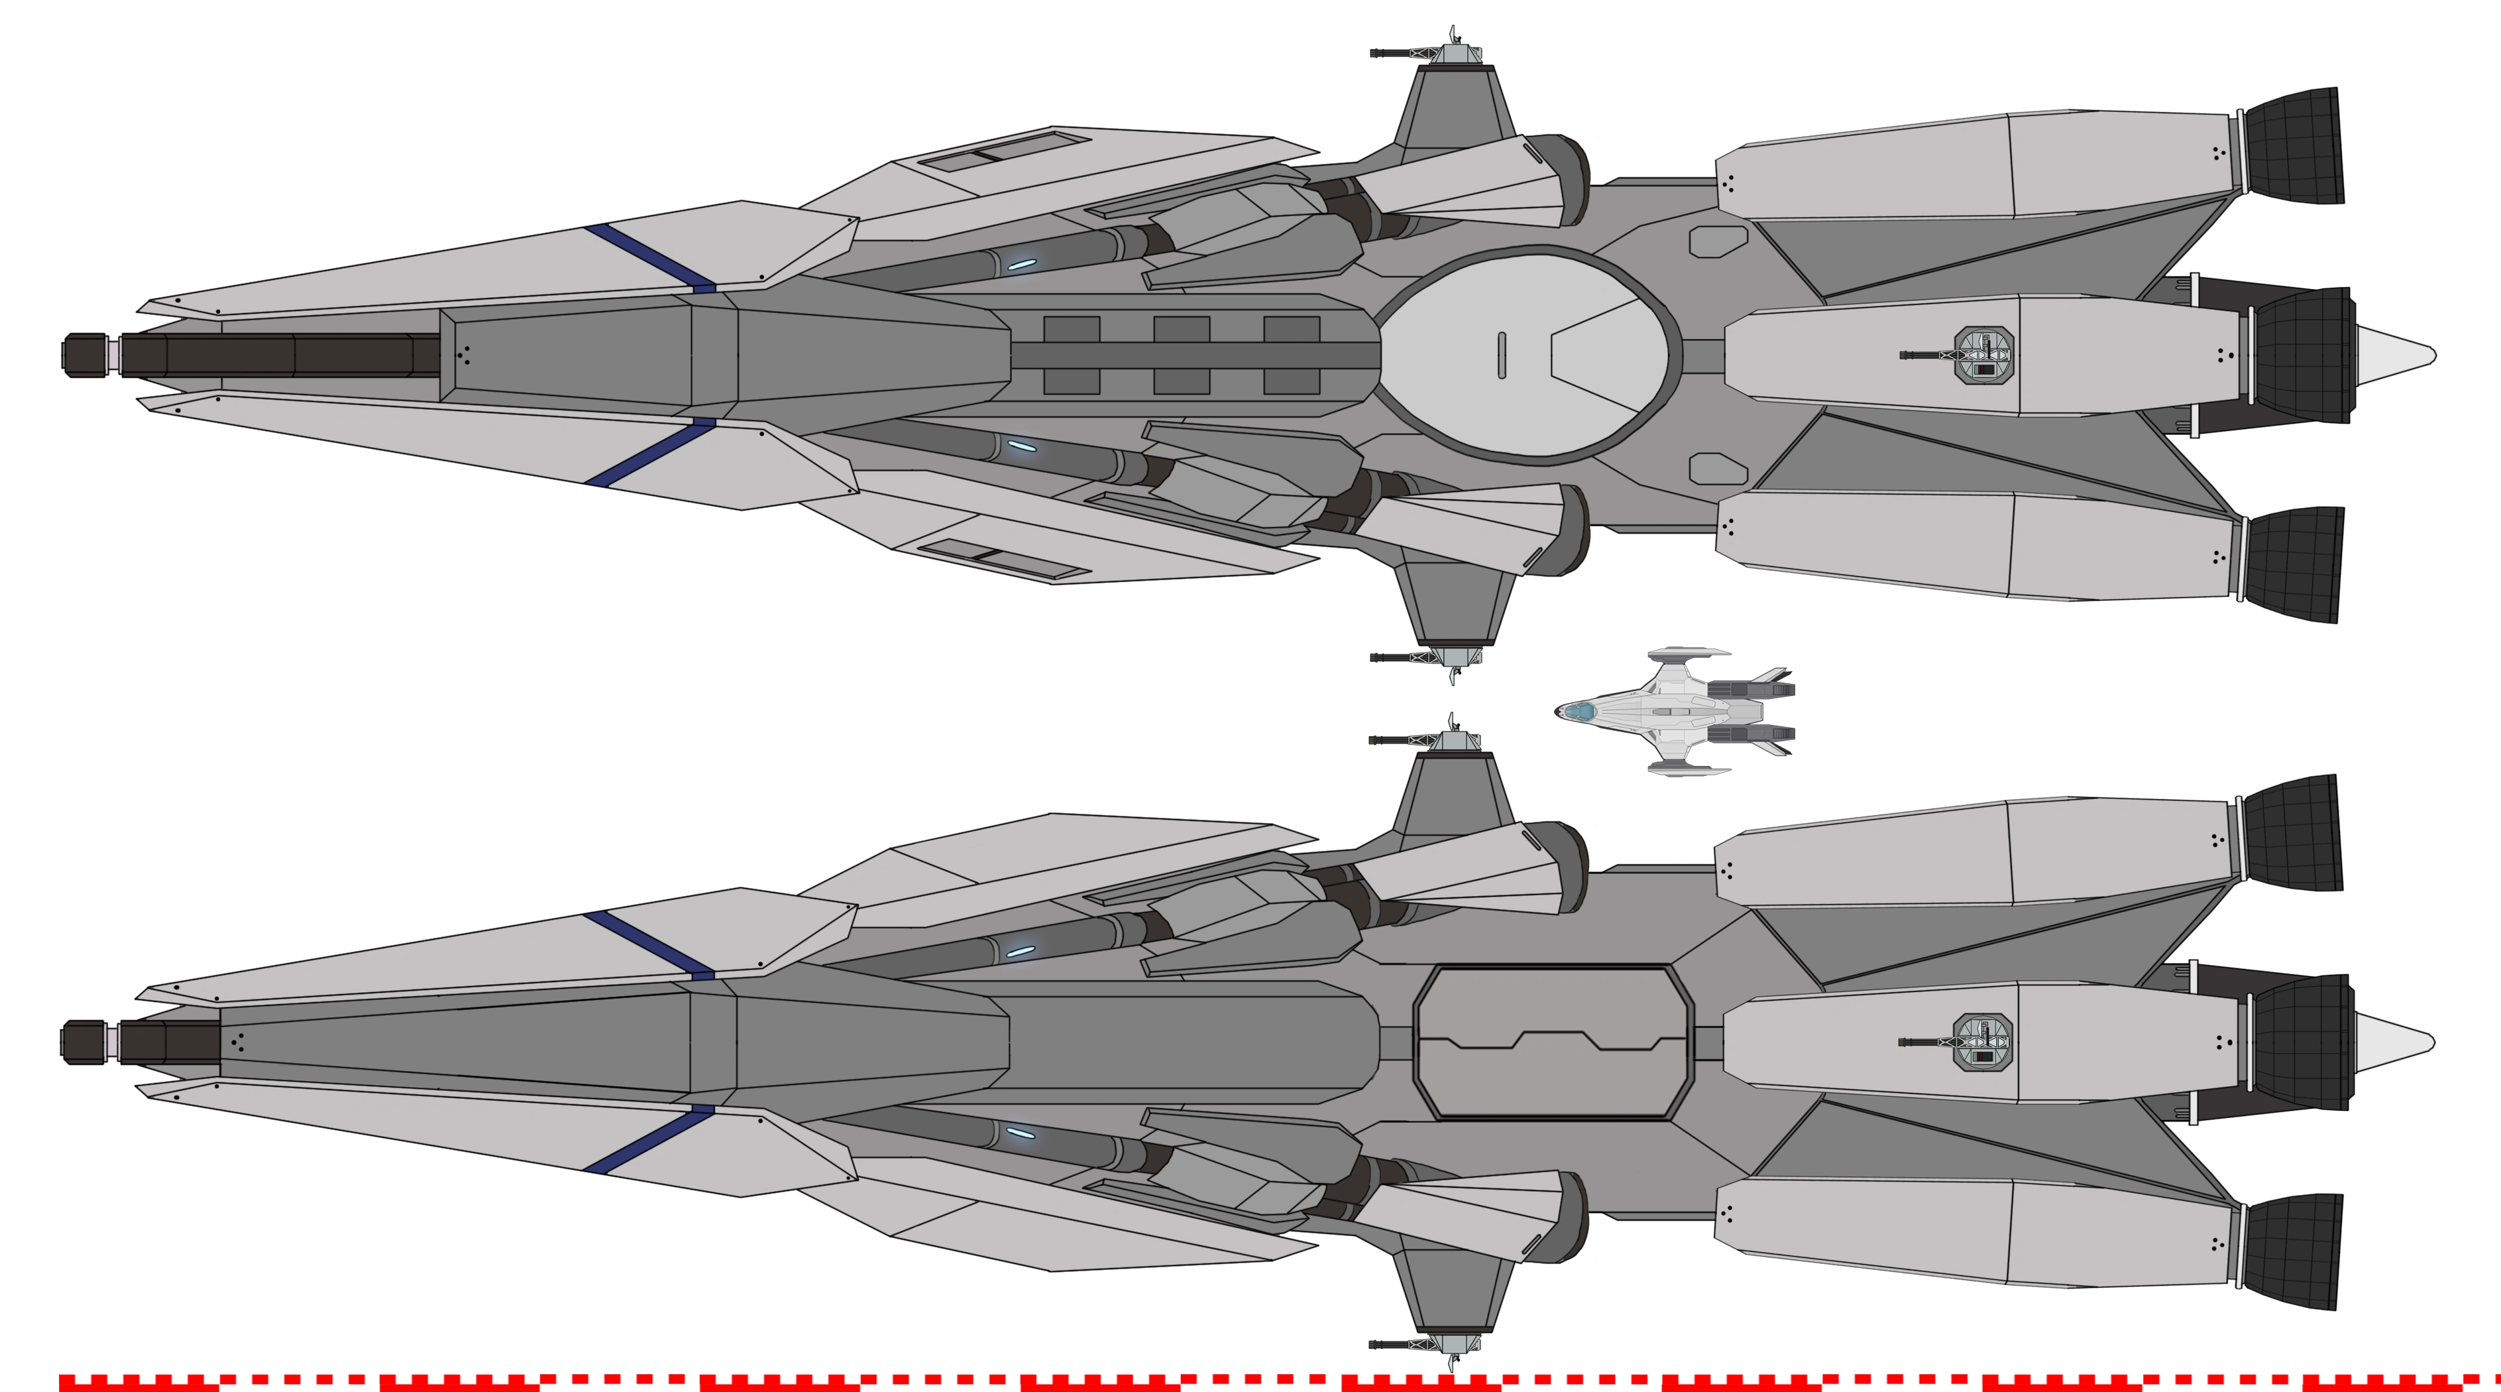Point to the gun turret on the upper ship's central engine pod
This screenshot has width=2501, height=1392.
click(x=1981, y=355)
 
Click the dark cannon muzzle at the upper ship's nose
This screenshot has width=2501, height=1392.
click(x=87, y=351)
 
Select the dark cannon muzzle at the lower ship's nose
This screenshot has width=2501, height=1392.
click(x=87, y=1041)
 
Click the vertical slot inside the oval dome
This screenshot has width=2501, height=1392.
click(x=1502, y=355)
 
